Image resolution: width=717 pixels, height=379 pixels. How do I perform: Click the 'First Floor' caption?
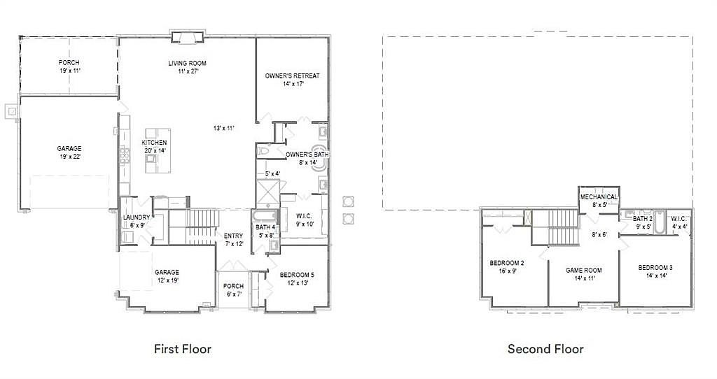[183, 350]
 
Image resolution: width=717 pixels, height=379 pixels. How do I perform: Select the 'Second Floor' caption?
[545, 350]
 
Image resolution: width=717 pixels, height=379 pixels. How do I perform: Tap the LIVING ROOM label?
[188, 63]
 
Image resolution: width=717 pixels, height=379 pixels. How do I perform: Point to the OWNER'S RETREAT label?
[292, 76]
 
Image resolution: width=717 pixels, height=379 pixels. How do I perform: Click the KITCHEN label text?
[155, 143]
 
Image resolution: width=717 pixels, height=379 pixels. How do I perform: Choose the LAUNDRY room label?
[137, 217]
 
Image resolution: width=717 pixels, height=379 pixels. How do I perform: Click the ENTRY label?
[233, 236]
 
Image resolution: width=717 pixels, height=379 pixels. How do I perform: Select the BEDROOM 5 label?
[297, 275]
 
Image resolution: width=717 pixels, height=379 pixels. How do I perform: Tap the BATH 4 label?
[265, 227]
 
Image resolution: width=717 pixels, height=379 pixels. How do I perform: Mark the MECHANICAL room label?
[599, 196]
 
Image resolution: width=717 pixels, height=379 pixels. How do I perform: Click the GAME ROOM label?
[584, 270]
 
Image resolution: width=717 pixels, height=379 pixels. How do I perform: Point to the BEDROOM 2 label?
[507, 263]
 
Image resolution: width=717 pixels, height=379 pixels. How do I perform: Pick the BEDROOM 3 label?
[655, 268]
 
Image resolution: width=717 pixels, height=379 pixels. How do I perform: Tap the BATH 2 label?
[643, 219]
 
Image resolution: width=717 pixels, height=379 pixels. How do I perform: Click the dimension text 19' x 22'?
[69, 157]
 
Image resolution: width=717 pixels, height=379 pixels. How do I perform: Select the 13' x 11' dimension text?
[224, 128]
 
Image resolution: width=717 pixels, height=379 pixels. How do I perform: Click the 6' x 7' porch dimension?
[234, 294]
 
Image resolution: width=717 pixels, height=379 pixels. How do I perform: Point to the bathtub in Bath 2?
[659, 222]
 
